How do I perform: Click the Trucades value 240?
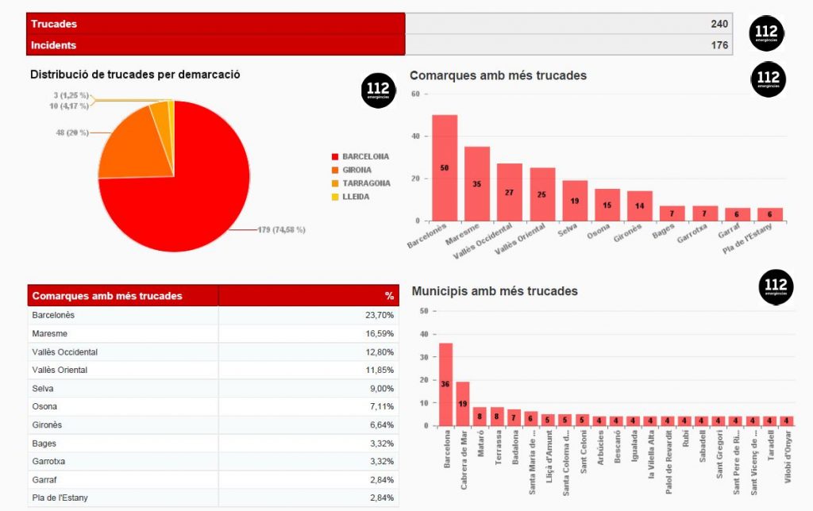coord(719,24)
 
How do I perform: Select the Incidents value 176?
coord(719,45)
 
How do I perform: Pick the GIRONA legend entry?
coord(356,170)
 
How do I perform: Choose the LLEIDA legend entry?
coord(354,197)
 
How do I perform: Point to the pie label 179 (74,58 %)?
coord(281,230)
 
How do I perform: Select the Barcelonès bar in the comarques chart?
coord(445,167)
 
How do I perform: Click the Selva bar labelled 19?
coord(575,201)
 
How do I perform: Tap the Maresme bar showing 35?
coord(477,183)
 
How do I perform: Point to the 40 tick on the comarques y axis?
coord(414,136)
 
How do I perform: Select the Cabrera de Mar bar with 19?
coord(462,404)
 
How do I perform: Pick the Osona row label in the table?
coord(44,406)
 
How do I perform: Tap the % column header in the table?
coord(389,296)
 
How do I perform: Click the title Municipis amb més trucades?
coord(495,291)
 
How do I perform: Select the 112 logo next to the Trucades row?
coord(767,33)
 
